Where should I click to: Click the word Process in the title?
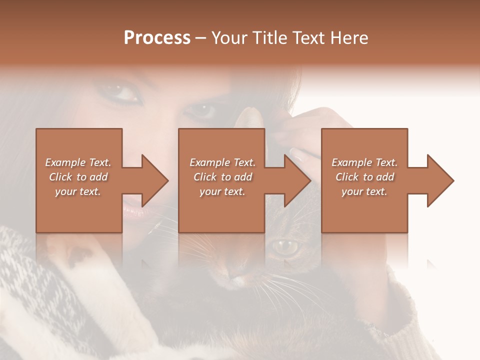click(157, 38)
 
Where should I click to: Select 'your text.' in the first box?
click(78, 191)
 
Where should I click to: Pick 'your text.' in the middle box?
click(222, 191)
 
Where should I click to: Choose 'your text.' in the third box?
click(364, 191)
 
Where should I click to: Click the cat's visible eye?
click(286, 246)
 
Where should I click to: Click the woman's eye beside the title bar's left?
click(121, 93)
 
